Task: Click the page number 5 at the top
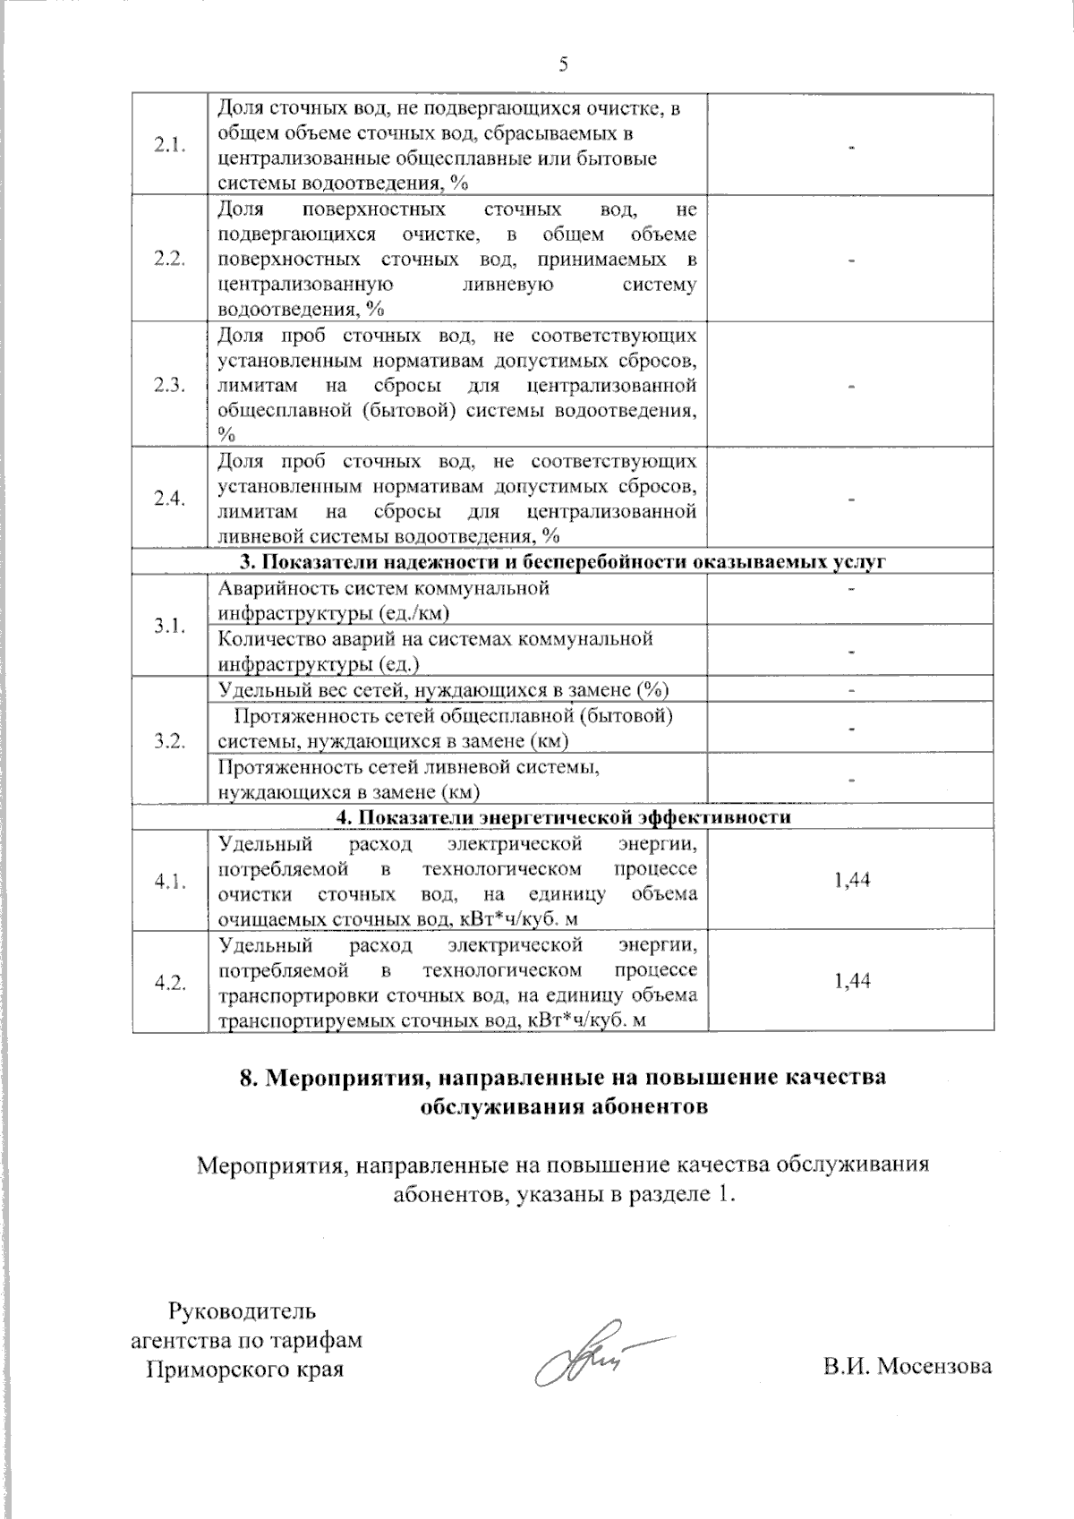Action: pyautogui.click(x=563, y=64)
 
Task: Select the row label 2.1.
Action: pyautogui.click(x=169, y=146)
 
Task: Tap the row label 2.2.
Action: pyautogui.click(x=169, y=260)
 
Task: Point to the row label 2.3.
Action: pyautogui.click(x=169, y=385)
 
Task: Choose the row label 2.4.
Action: pyautogui.click(x=169, y=499)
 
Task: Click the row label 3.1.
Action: pyautogui.click(x=169, y=626)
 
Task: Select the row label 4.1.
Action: pyautogui.click(x=169, y=881)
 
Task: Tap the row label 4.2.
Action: pyautogui.click(x=169, y=982)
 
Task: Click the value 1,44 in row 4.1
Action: pyautogui.click(x=851, y=880)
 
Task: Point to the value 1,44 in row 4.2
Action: pyautogui.click(x=851, y=981)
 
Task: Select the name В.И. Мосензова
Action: pyautogui.click(x=908, y=1367)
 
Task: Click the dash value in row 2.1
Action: pyautogui.click(x=851, y=146)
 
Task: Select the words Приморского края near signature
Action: pyautogui.click(x=244, y=1370)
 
